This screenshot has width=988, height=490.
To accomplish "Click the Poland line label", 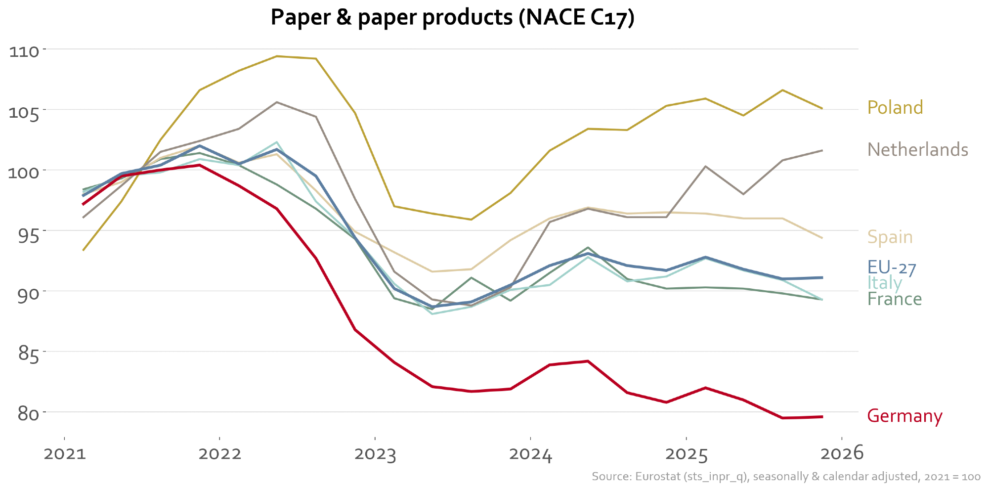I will pos(895,107).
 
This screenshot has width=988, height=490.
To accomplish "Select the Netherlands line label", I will pos(917,149).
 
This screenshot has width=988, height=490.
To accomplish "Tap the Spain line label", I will pos(890,237).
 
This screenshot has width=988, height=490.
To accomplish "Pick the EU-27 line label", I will pos(892,267).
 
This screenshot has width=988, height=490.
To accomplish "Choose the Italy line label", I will pos(884,283).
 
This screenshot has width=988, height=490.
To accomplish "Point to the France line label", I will pos(894,299).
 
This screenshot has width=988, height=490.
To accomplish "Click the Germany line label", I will pos(904,416).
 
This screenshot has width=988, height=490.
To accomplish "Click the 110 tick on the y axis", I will pos(24,51).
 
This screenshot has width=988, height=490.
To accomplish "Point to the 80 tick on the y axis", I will pos(28,414).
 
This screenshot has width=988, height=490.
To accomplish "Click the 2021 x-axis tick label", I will pos(65,454).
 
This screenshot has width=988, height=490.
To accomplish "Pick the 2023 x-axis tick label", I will pos(375,454).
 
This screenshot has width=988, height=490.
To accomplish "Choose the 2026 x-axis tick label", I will pos(841,453).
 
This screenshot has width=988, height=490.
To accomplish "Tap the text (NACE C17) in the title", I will pos(576,17).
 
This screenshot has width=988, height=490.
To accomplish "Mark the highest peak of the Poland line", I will pos(277,56).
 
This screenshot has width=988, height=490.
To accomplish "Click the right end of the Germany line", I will pos(822,417).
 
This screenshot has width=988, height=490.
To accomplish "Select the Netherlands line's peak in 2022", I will pos(277,102).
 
